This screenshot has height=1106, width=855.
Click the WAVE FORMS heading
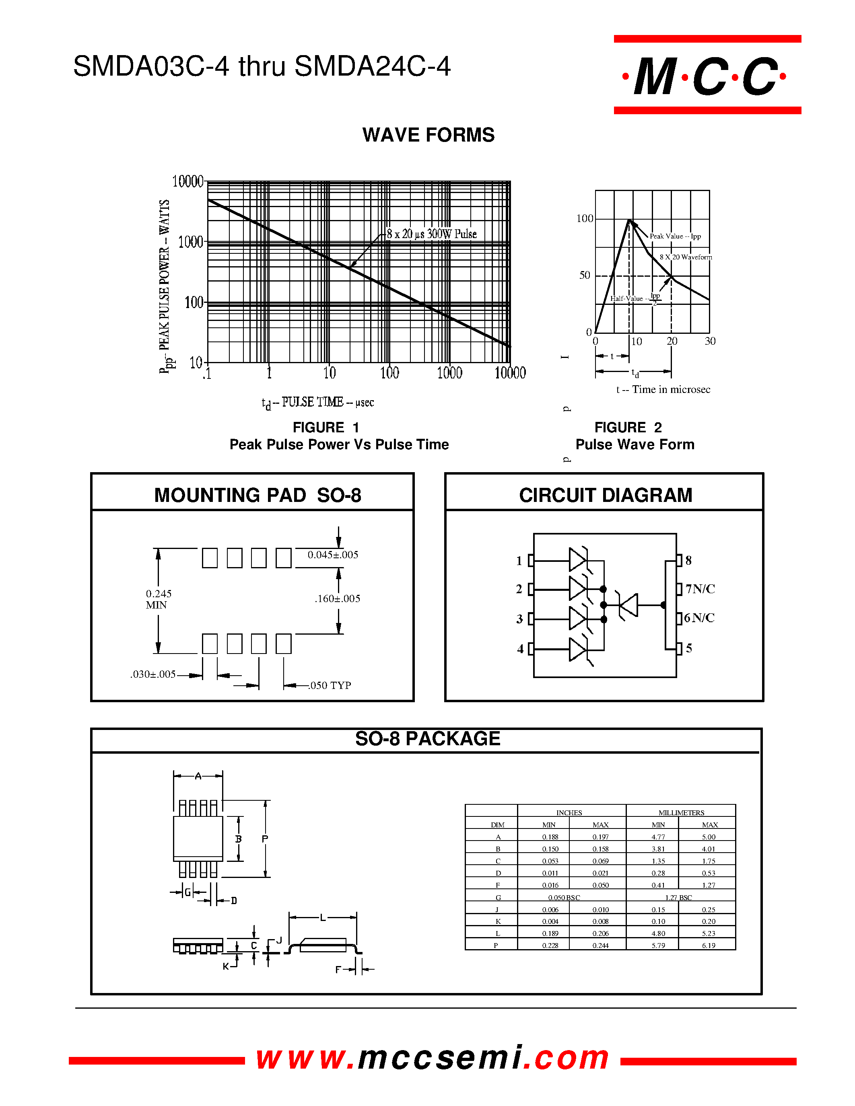coord(428,135)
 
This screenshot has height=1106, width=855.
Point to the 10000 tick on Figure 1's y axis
coord(187,181)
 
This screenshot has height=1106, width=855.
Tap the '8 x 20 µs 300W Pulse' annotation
coord(432,234)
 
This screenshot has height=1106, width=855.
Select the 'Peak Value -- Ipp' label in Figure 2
coord(675,236)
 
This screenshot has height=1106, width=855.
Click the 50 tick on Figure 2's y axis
coord(585,275)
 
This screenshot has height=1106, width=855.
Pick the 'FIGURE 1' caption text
coord(326,428)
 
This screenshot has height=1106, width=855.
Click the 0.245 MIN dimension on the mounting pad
coord(159,599)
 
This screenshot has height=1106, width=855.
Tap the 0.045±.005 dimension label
coord(333,555)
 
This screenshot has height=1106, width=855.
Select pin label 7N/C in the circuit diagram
coord(700,588)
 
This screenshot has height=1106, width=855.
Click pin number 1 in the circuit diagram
coord(519,561)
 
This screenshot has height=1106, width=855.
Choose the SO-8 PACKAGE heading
coord(427,739)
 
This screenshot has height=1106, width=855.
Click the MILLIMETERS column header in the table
coord(681,813)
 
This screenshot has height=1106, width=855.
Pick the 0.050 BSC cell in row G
coord(564,897)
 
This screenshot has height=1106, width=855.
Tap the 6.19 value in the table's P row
coord(708,946)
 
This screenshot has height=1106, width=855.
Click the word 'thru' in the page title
coord(262,66)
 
